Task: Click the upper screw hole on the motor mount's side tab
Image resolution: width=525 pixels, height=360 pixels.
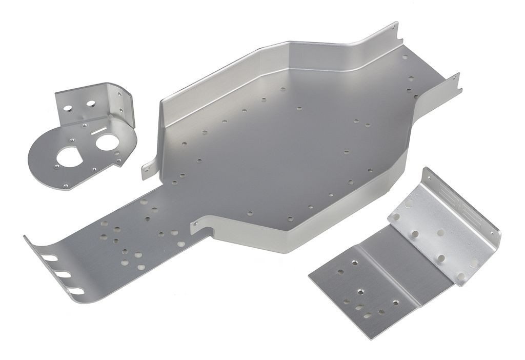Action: [119, 94]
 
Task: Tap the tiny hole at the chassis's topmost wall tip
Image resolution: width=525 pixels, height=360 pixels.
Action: [393, 29]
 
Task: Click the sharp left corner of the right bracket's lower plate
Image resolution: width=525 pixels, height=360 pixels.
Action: [310, 276]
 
